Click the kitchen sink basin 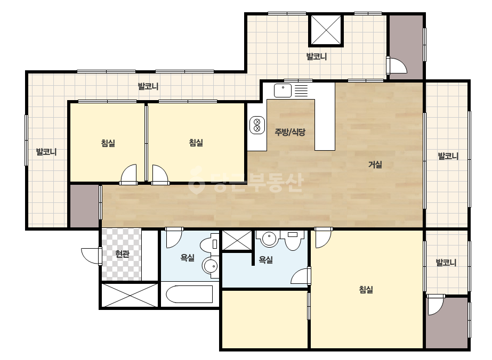pyautogui.click(x=283, y=91)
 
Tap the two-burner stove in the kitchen pyautogui.click(x=257, y=125)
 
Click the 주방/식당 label pyautogui.click(x=290, y=132)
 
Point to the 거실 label pyautogui.click(x=375, y=165)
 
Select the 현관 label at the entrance pyautogui.click(x=122, y=253)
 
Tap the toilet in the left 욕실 pyautogui.click(x=209, y=245)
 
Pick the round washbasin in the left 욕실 pyautogui.click(x=210, y=267)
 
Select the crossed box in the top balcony pyautogui.click(x=326, y=31)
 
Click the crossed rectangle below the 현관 pyautogui.click(x=130, y=295)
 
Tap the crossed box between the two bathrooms pyautogui.click(x=237, y=240)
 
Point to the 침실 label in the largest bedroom pyautogui.click(x=366, y=289)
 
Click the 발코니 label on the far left pyautogui.click(x=46, y=152)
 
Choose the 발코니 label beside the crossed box pyautogui.click(x=317, y=57)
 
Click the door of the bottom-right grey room pyautogui.click(x=436, y=304)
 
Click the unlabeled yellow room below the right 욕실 pyautogui.click(x=264, y=319)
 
